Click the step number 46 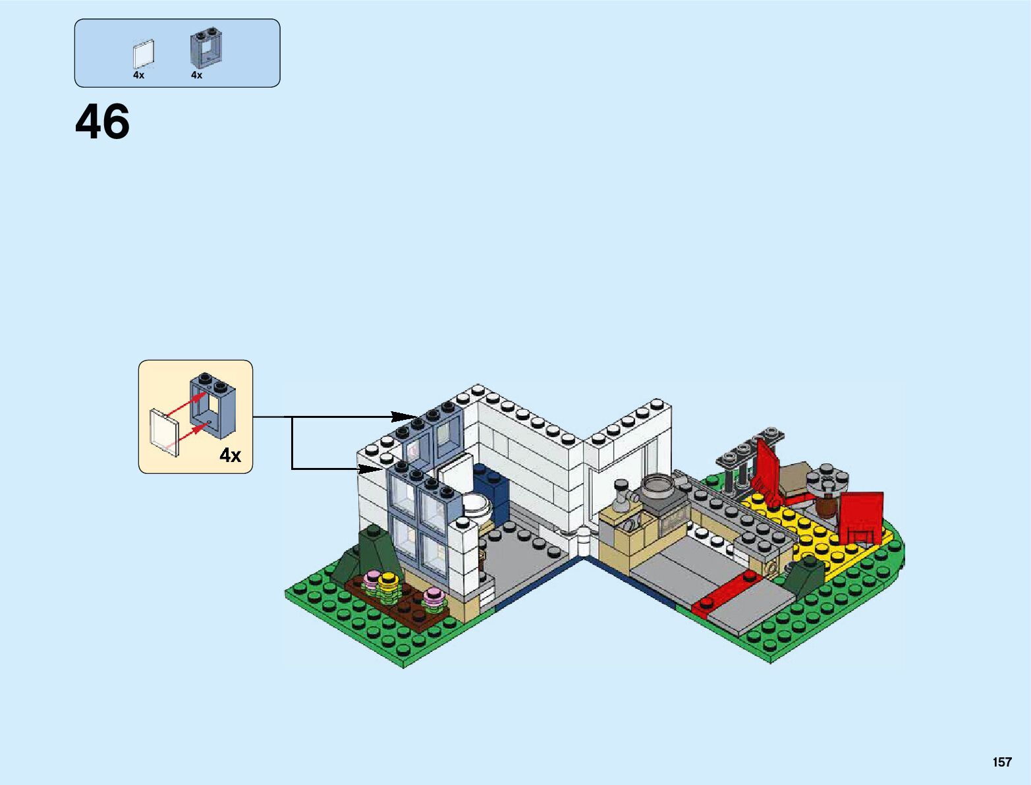tap(103, 123)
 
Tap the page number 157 tap(1001, 762)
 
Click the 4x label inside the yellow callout tap(231, 455)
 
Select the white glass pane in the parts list tap(143, 54)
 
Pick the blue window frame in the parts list tap(206, 47)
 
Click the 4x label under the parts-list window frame tap(196, 75)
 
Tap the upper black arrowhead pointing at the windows tap(404, 417)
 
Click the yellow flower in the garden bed tap(388, 581)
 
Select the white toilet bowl tap(476, 506)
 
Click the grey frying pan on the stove tap(656, 486)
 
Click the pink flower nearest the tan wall tap(434, 597)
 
